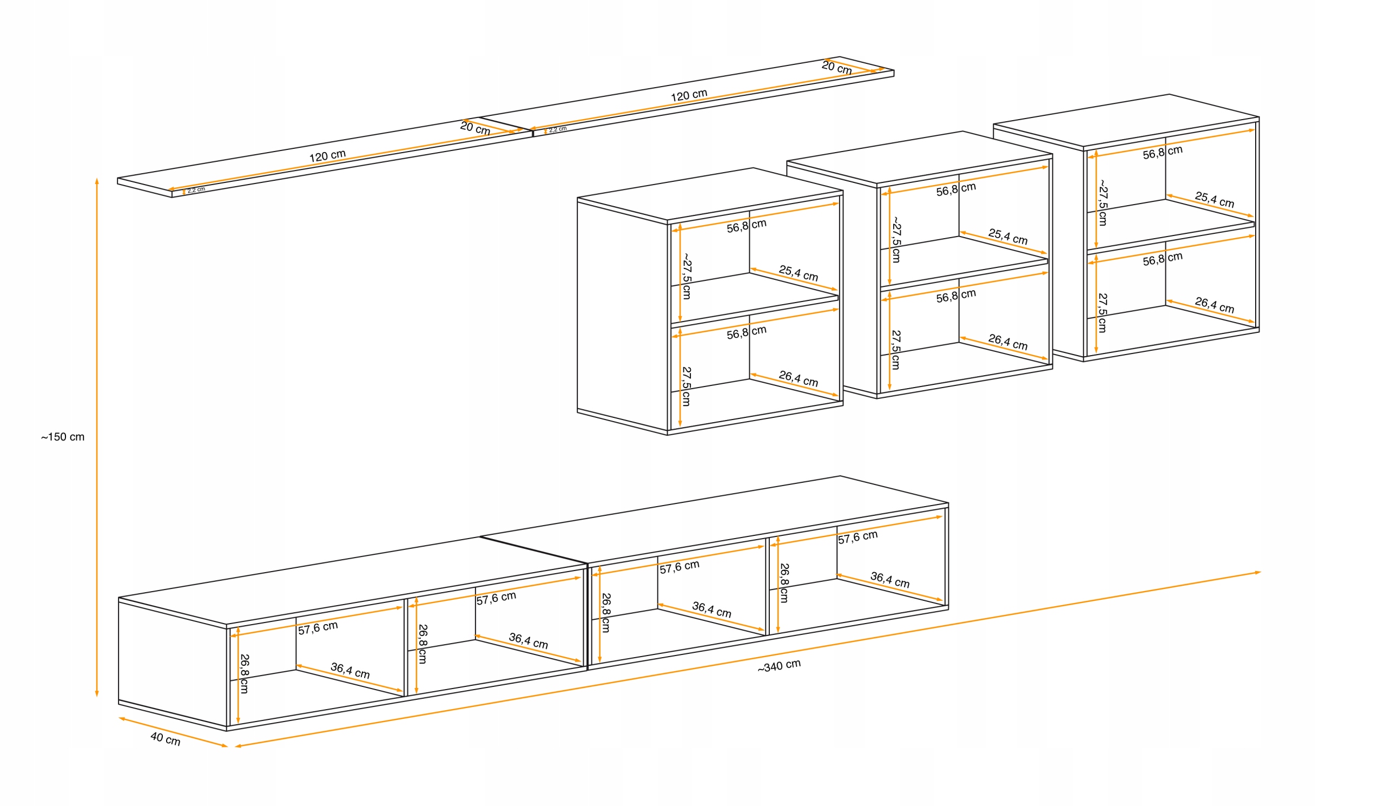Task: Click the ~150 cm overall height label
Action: pyautogui.click(x=63, y=437)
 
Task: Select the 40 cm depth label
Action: pyautogui.click(x=166, y=739)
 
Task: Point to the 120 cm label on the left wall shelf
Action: pyautogui.click(x=327, y=156)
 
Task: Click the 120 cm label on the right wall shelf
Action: pyautogui.click(x=689, y=96)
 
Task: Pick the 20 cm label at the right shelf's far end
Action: pyautogui.click(x=836, y=68)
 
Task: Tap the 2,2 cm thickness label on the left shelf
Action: pyautogui.click(x=196, y=189)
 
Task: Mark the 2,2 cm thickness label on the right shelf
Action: pyautogui.click(x=557, y=129)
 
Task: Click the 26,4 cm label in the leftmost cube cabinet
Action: pyautogui.click(x=798, y=378)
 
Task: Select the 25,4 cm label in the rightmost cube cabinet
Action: pyautogui.click(x=1214, y=200)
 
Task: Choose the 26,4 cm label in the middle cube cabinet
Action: pyautogui.click(x=1007, y=342)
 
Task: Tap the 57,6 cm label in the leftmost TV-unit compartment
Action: pyautogui.click(x=318, y=628)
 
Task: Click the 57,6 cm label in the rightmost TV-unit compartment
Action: pyautogui.click(x=858, y=537)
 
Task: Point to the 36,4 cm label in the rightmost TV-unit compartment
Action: pyautogui.click(x=889, y=580)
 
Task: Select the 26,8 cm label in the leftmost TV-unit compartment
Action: pyautogui.click(x=245, y=673)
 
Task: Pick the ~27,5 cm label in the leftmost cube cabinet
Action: pyautogui.click(x=687, y=276)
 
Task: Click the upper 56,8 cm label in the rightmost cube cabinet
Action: pyautogui.click(x=1163, y=152)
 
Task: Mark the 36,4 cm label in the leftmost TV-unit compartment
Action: pyautogui.click(x=349, y=671)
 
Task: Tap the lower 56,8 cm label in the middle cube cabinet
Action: pyautogui.click(x=956, y=296)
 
